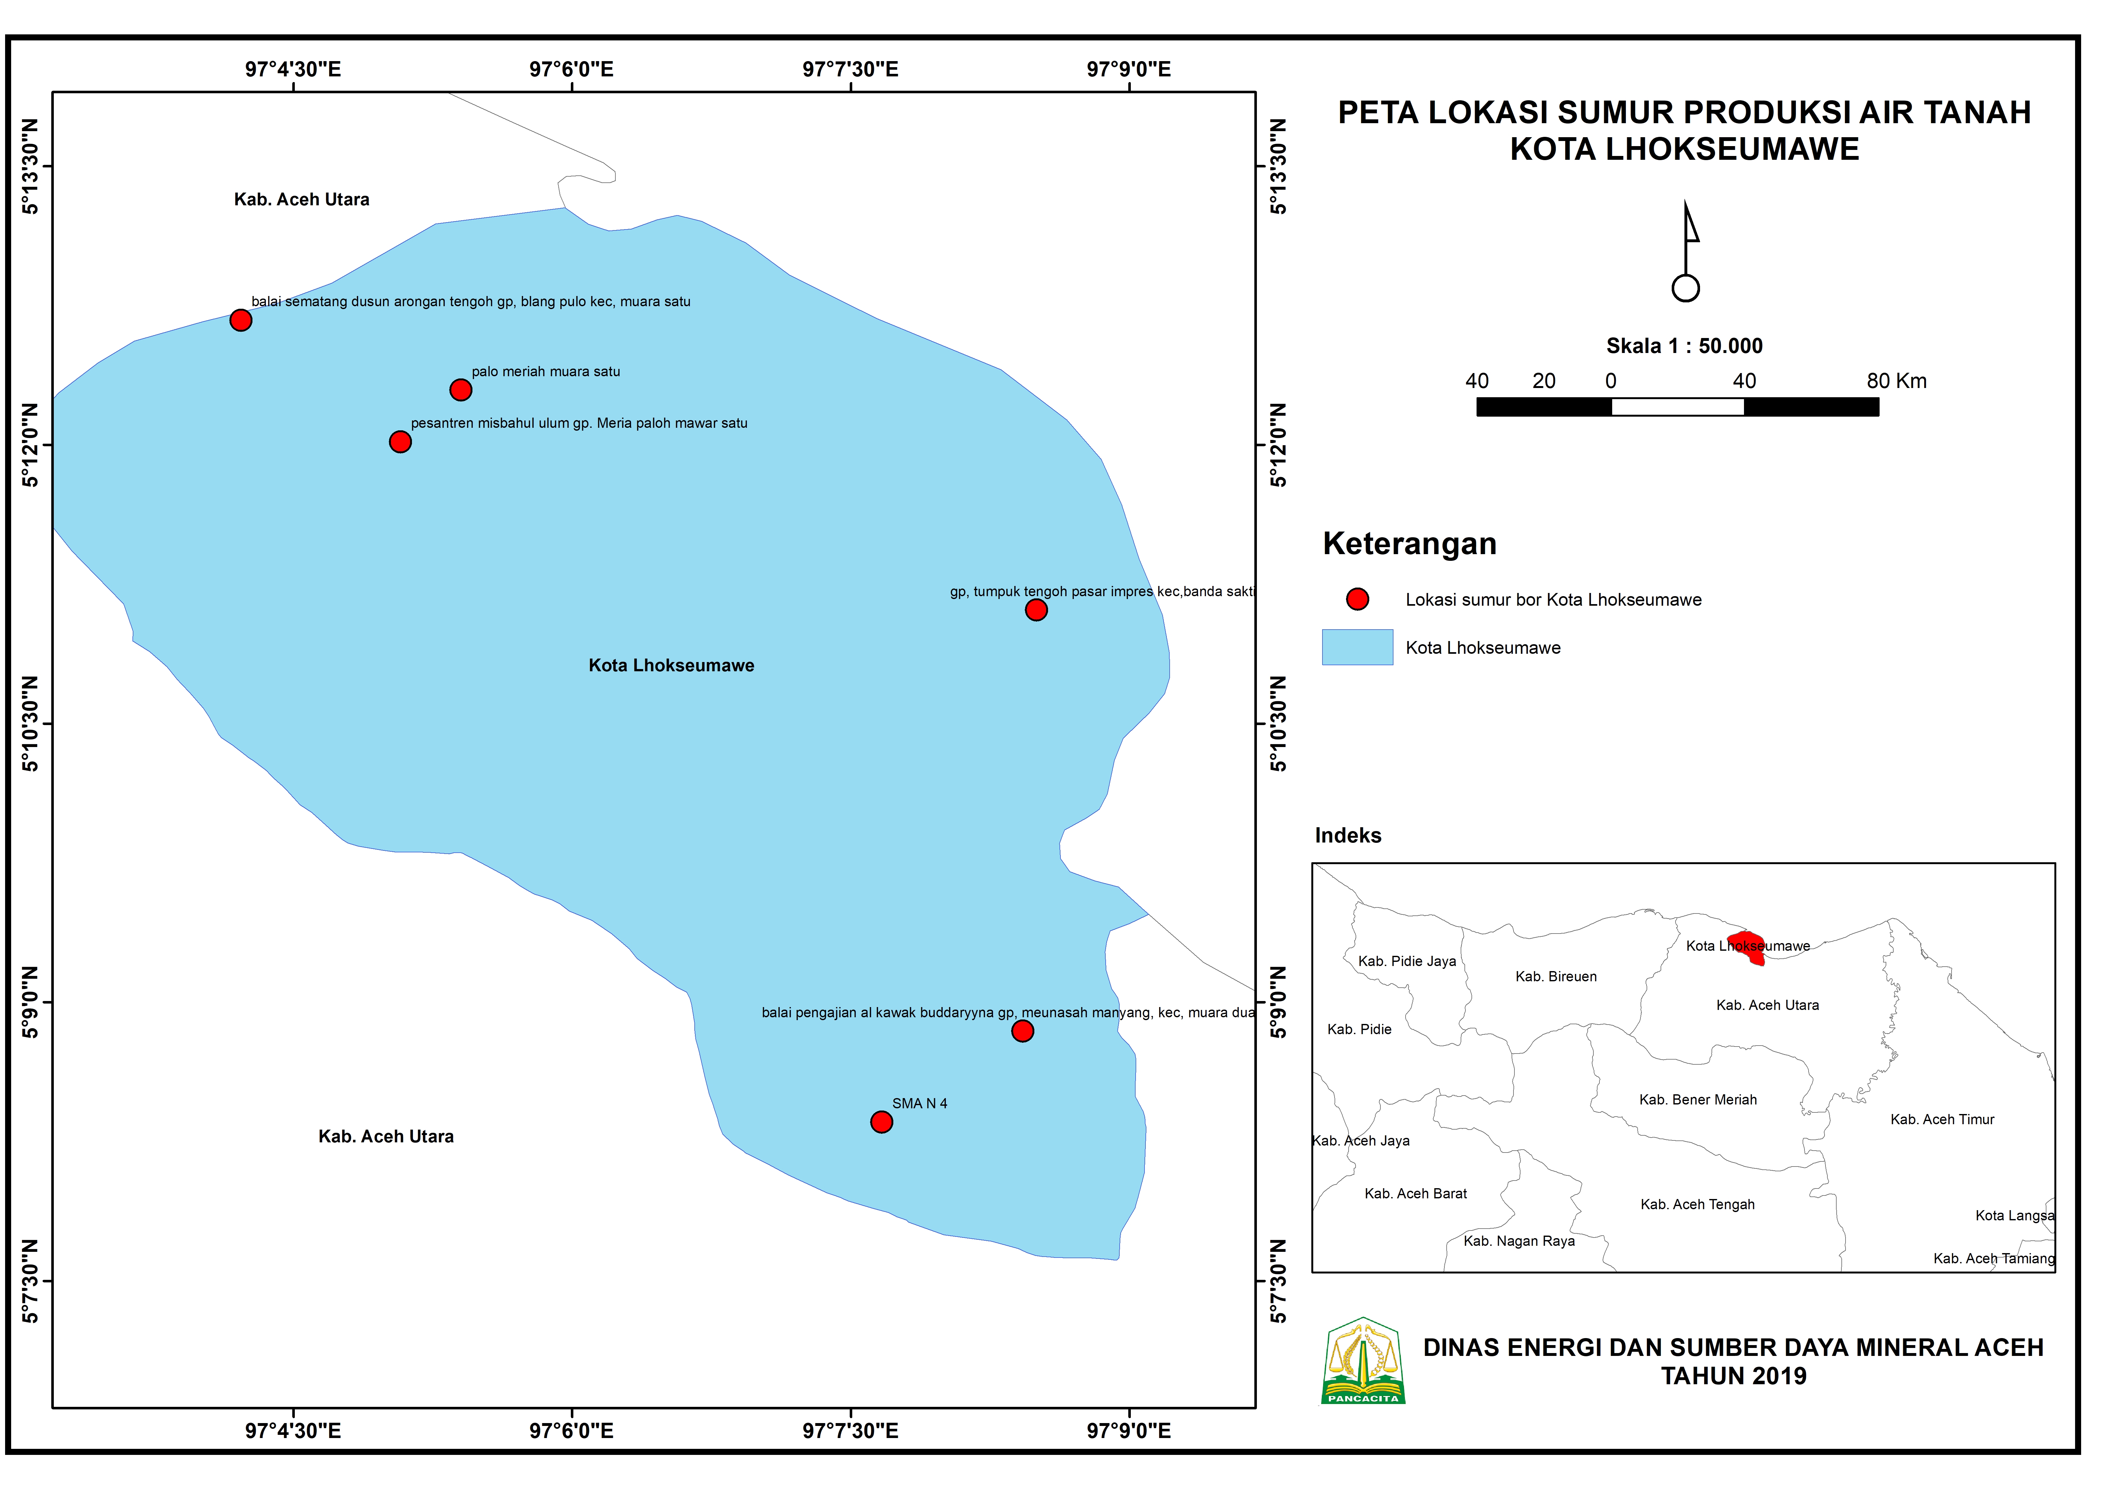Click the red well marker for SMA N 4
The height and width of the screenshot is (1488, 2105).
(x=881, y=1122)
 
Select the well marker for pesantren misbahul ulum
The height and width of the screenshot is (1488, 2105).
(x=400, y=442)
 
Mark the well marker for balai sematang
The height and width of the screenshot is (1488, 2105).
(x=240, y=320)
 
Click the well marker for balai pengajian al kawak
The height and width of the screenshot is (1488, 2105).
(x=1022, y=1032)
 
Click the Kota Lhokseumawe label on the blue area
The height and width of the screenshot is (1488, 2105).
(x=671, y=666)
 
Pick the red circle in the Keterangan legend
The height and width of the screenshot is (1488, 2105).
(x=1357, y=600)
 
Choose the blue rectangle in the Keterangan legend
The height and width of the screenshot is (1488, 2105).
(x=1357, y=647)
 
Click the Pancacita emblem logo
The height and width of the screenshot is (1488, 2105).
(x=1363, y=1362)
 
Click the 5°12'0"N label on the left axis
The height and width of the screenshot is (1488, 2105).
(x=30, y=445)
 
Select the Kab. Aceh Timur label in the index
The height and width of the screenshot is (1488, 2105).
(x=1942, y=1119)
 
